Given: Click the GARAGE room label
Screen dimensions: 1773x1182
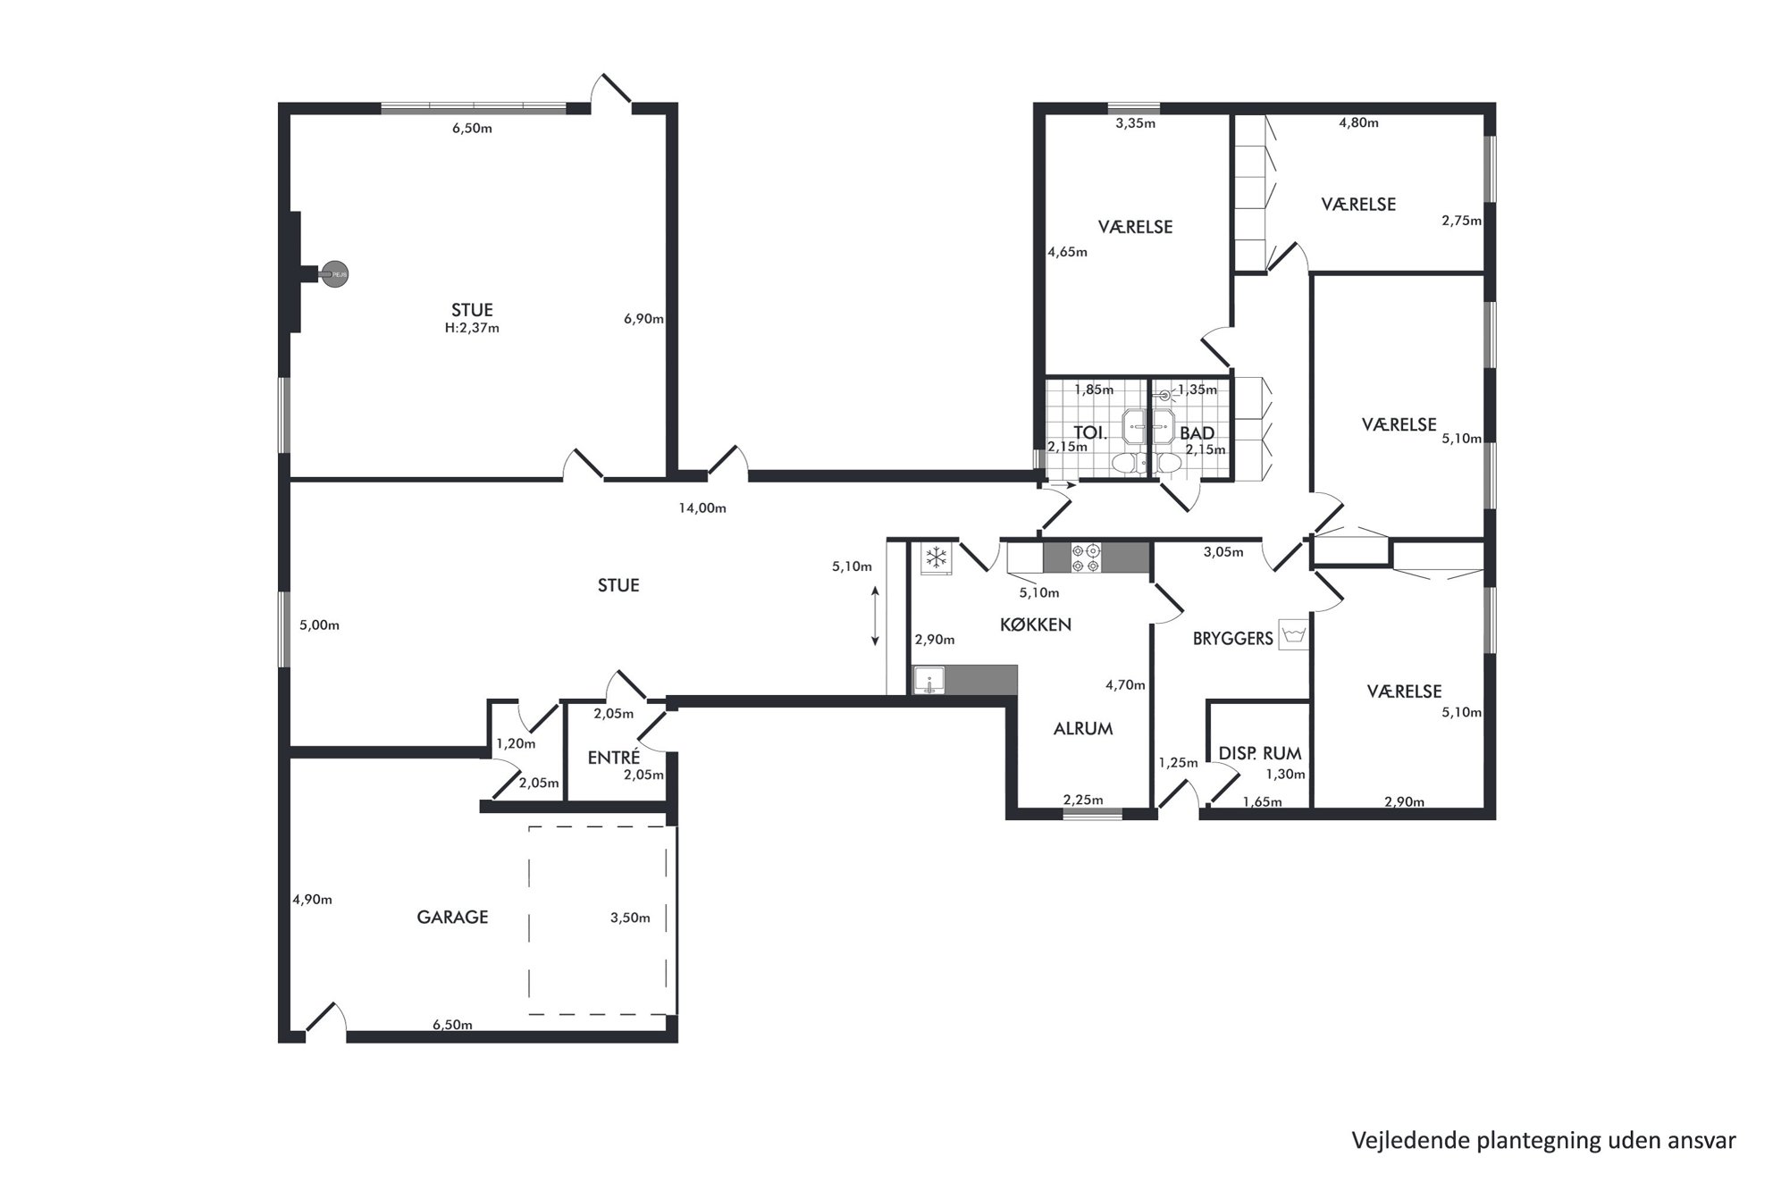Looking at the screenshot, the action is click(x=452, y=917).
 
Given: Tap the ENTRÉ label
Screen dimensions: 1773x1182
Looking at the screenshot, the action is click(x=614, y=758).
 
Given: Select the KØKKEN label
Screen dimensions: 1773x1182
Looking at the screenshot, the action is click(x=1036, y=625).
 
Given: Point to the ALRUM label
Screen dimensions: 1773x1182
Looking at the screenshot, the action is click(x=1083, y=728).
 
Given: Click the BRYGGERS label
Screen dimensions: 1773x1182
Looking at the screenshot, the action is click(x=1233, y=639).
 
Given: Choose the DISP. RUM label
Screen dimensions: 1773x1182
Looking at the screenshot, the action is click(x=1260, y=753).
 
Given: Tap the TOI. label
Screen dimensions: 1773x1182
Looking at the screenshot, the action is click(x=1090, y=433).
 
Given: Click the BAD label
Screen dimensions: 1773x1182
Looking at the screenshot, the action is click(x=1197, y=433).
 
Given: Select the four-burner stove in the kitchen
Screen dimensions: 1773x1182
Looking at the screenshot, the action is click(x=1087, y=557).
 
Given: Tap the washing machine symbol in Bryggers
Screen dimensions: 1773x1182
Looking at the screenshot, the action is click(x=1293, y=634).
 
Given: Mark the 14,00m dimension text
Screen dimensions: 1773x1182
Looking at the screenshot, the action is click(x=702, y=508).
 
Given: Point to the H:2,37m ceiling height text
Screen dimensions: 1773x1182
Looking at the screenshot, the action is click(x=472, y=328).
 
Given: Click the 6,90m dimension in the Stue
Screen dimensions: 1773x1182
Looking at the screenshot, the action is click(x=643, y=318).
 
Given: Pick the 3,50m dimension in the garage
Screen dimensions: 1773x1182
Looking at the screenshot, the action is click(x=630, y=918).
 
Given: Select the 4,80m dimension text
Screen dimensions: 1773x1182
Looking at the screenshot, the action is click(x=1358, y=122).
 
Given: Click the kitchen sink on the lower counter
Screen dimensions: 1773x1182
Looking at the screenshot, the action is click(x=929, y=681).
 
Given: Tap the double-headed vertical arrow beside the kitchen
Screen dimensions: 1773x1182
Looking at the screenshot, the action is click(x=875, y=616).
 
